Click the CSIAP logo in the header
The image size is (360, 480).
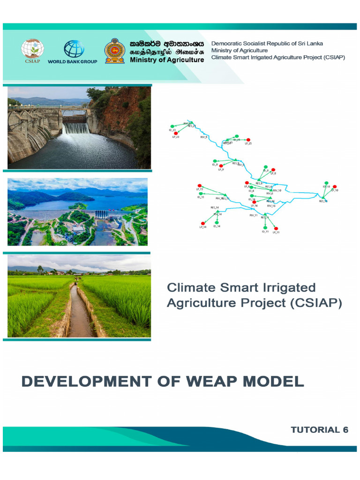click(32, 50)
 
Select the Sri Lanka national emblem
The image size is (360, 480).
click(114, 50)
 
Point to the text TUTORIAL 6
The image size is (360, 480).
click(319, 430)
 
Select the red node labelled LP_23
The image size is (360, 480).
click(176, 133)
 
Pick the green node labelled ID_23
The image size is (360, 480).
click(172, 126)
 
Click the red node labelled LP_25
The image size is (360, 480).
click(248, 140)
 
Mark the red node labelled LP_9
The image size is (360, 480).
click(221, 166)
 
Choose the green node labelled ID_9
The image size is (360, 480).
click(215, 161)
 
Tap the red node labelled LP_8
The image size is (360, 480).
click(273, 170)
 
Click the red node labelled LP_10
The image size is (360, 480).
click(334, 187)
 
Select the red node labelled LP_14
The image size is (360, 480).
click(203, 223)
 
